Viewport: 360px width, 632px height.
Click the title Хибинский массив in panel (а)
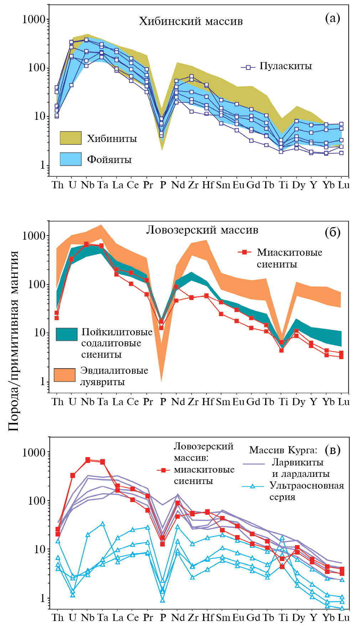[x=191, y=21]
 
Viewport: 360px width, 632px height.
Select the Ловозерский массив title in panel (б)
[x=202, y=230]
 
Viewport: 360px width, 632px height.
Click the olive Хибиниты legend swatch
[x=71, y=138]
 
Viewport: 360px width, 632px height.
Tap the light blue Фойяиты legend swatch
[x=71, y=159]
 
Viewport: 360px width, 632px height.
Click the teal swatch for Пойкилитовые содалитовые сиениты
[x=67, y=334]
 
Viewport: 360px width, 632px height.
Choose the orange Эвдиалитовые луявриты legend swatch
[x=65, y=375]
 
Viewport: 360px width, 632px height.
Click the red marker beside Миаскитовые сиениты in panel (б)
[x=245, y=252]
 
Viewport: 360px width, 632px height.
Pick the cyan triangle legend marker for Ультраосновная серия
[x=252, y=486]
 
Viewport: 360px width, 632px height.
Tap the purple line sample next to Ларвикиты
[x=254, y=464]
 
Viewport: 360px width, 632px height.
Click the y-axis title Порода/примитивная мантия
[x=14, y=341]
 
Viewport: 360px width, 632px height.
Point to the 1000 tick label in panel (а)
[x=34, y=19]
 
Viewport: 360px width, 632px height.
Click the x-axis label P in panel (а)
[x=163, y=185]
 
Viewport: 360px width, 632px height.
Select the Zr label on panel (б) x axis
[x=193, y=402]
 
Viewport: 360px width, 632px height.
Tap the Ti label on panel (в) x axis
[x=283, y=617]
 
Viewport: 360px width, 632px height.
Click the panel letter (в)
[x=333, y=450]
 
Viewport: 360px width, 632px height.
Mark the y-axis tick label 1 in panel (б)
[x=43, y=381]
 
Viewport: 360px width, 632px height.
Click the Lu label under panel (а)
[x=344, y=185]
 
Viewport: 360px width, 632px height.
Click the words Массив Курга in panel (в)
[x=283, y=450]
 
